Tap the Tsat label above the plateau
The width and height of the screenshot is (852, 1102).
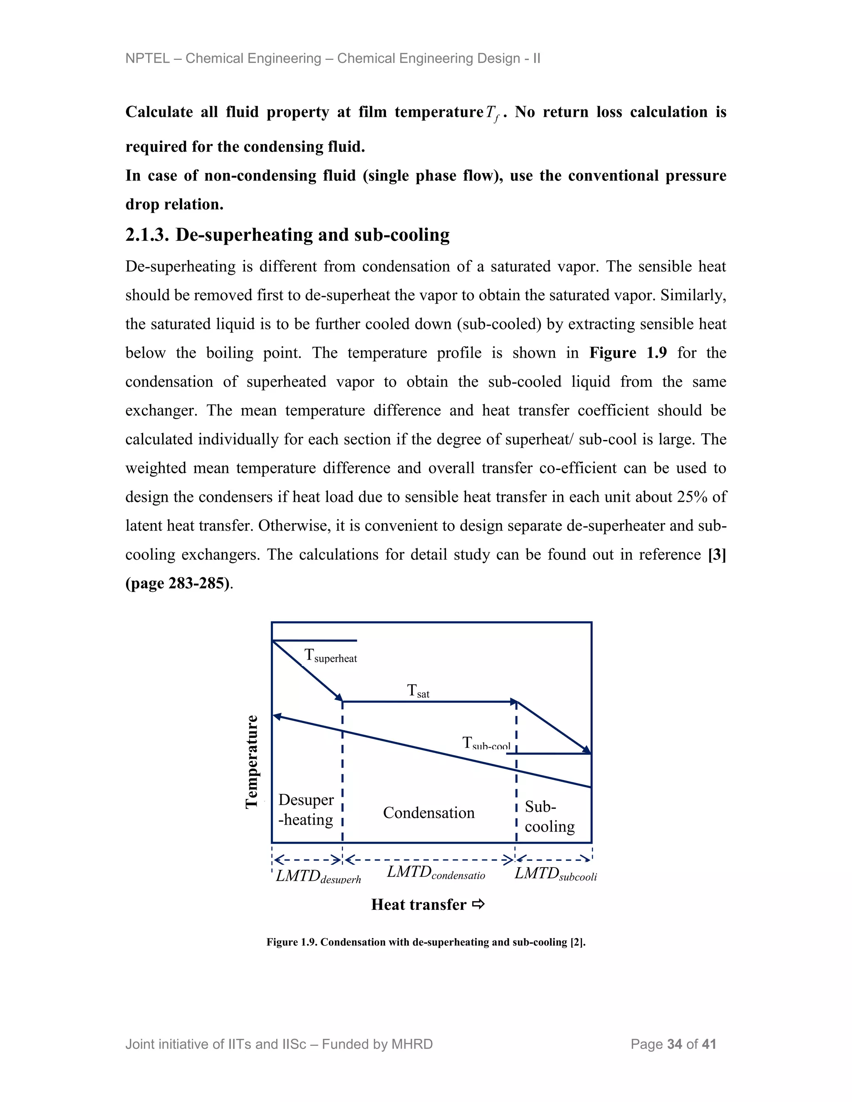tap(418, 691)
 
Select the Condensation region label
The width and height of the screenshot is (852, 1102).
tap(428, 813)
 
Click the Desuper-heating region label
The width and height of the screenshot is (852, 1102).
tap(306, 809)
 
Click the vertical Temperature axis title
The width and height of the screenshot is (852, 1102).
tap(252, 761)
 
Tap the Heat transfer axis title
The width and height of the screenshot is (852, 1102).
tap(419, 904)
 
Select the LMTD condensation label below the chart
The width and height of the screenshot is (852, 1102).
tap(436, 872)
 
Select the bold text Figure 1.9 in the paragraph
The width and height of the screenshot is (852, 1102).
tap(627, 353)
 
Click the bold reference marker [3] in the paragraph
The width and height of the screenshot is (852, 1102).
tap(717, 554)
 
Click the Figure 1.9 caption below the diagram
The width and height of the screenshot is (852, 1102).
tap(426, 942)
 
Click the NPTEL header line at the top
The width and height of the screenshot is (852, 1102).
tap(333, 59)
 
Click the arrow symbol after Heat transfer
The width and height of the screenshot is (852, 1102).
tap(478, 904)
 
